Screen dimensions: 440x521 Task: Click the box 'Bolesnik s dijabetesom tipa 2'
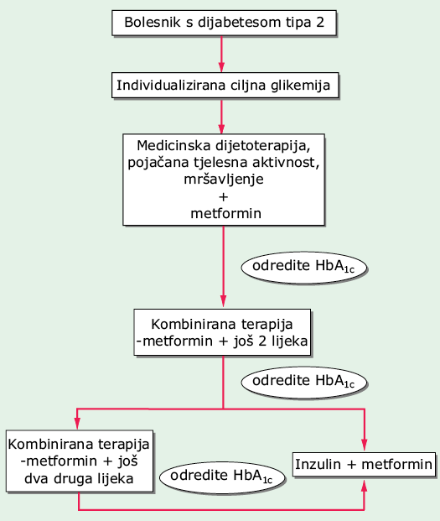[x=225, y=23]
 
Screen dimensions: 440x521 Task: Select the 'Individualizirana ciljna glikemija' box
[x=225, y=86]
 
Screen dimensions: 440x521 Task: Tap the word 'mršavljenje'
[x=224, y=180]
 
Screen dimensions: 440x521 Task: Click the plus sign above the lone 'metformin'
[x=224, y=197]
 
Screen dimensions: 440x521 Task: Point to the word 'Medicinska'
[x=174, y=145]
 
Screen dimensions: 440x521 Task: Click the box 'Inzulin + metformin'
[x=364, y=464]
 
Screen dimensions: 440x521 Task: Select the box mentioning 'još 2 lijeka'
[x=222, y=332]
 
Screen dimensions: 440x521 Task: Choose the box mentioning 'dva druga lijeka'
[x=80, y=461]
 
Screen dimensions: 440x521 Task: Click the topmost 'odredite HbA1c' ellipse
[x=304, y=268]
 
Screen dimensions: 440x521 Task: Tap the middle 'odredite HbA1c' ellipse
[x=304, y=382]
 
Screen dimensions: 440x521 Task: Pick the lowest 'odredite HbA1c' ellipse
[x=222, y=477]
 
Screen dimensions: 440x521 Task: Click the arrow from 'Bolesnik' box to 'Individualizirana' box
[x=221, y=54]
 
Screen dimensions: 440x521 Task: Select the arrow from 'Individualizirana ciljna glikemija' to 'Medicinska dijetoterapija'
[x=221, y=116]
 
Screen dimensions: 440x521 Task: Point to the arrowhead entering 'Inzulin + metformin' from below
[x=365, y=485]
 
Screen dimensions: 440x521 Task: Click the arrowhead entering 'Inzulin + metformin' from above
[x=365, y=445]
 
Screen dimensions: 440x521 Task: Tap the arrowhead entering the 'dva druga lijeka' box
[x=77, y=424]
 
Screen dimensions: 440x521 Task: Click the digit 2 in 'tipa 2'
[x=320, y=23]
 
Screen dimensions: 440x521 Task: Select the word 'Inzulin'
[x=318, y=464]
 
